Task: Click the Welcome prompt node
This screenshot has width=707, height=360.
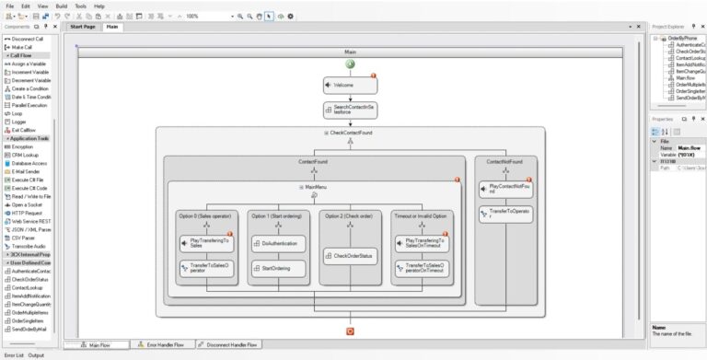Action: click(x=350, y=85)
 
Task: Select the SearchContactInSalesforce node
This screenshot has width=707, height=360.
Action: click(x=350, y=110)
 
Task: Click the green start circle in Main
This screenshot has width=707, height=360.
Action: click(x=351, y=64)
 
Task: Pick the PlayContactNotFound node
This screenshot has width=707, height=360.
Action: click(x=505, y=189)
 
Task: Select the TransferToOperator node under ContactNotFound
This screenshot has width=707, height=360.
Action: click(x=505, y=214)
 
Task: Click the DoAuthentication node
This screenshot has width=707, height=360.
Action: click(x=280, y=243)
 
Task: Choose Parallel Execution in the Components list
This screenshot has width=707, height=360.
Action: click(x=28, y=104)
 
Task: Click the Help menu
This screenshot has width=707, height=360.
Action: click(x=99, y=6)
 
